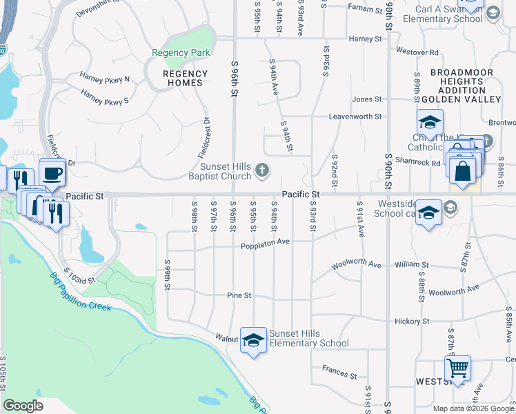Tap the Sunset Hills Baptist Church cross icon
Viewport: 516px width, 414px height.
point(261,169)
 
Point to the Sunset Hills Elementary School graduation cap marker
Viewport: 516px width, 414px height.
point(253,340)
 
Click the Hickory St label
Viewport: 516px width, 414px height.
point(413,322)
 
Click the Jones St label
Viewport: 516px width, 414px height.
point(366,99)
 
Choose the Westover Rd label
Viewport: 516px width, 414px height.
point(417,52)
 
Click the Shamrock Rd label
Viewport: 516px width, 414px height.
point(421,163)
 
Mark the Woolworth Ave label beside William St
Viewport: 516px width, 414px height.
point(356,264)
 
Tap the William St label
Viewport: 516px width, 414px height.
point(411,265)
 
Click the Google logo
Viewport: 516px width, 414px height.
point(23,406)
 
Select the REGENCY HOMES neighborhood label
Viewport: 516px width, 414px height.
point(185,78)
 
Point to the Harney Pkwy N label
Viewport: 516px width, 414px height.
point(104,79)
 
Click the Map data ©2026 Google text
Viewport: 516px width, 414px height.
point(473,408)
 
